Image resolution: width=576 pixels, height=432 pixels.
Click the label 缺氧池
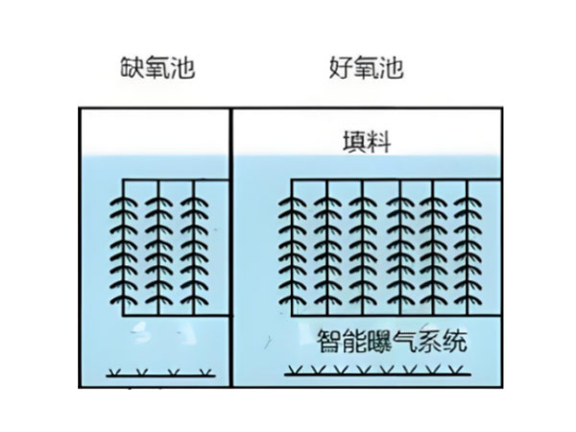point(157,67)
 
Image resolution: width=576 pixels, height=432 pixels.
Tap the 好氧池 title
point(367,67)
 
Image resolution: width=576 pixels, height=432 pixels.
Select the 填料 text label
point(367,142)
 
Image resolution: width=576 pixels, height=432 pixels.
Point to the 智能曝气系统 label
point(392,341)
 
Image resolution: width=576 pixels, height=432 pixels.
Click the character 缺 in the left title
point(132,67)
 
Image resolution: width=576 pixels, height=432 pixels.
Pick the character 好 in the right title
point(341,67)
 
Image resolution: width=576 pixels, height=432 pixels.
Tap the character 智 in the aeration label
point(329,341)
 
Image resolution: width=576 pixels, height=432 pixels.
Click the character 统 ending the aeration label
point(455,341)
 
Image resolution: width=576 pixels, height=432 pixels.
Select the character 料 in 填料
point(379,142)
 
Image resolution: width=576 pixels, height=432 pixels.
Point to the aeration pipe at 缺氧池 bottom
point(160,375)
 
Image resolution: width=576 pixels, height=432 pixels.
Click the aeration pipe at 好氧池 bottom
point(377,374)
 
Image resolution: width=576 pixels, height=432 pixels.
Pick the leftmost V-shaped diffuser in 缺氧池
point(115,372)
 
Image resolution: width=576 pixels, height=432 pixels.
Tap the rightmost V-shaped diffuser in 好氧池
point(456,370)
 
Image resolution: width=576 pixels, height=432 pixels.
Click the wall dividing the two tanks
point(231,248)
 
